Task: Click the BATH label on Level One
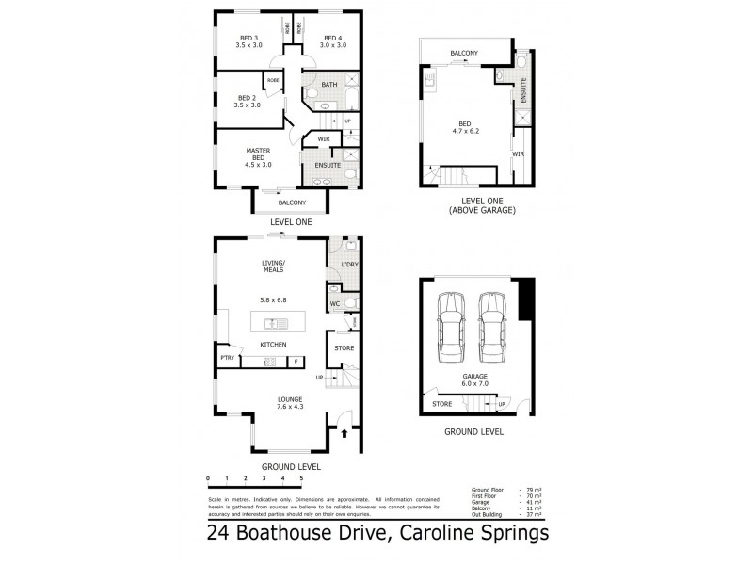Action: pyautogui.click(x=329, y=85)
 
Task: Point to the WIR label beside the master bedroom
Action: pyautogui.click(x=323, y=139)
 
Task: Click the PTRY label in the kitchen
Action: pyautogui.click(x=227, y=359)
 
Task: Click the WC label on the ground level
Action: pyautogui.click(x=334, y=304)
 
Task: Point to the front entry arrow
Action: pyautogui.click(x=344, y=434)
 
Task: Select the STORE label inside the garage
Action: pyautogui.click(x=441, y=404)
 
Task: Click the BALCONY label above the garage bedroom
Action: pyautogui.click(x=466, y=53)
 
